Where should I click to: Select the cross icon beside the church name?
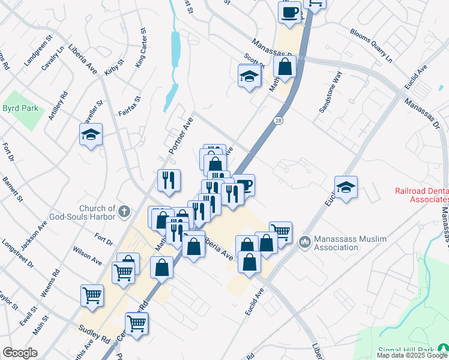(124, 211)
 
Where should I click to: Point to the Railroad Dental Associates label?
(421, 196)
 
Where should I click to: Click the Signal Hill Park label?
(408, 350)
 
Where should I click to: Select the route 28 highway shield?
(280, 121)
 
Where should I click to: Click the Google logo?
(20, 353)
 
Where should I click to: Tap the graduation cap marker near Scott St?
(249, 77)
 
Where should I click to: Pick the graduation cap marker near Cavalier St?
(91, 135)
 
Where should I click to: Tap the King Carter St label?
(141, 48)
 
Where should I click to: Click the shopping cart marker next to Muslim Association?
(280, 232)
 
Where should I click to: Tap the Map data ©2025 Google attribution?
(412, 355)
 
